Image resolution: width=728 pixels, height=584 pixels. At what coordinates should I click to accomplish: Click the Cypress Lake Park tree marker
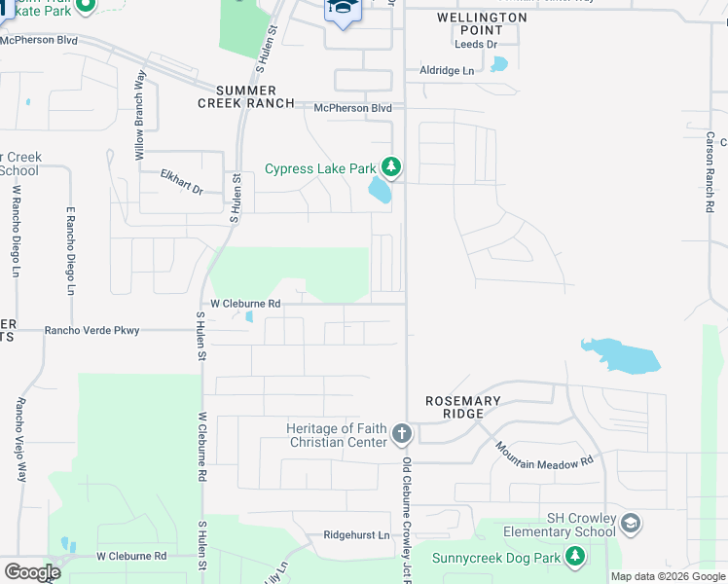click(x=391, y=167)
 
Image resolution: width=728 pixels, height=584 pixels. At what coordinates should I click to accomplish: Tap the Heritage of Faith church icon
click(x=402, y=433)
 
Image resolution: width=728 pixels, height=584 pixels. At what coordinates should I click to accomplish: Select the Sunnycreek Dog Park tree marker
click(x=576, y=556)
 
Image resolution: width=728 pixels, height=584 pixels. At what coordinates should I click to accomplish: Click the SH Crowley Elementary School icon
click(x=631, y=525)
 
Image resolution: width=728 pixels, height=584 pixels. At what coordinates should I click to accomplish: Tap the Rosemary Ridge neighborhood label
click(x=463, y=407)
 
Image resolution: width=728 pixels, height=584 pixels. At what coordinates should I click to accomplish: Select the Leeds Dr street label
click(x=476, y=45)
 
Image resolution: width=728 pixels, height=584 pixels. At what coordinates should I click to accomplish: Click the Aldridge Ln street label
click(x=447, y=71)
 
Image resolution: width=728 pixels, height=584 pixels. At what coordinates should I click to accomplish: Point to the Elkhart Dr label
click(x=181, y=182)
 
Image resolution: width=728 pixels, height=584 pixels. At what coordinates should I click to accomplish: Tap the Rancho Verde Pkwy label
click(x=92, y=330)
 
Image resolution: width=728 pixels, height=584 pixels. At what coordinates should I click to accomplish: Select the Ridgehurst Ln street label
click(x=356, y=535)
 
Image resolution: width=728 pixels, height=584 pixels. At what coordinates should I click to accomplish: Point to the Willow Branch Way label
click(x=140, y=116)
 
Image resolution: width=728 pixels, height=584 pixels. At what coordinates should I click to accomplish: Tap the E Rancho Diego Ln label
click(x=70, y=250)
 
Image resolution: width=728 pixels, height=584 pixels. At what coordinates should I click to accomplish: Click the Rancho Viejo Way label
click(x=19, y=439)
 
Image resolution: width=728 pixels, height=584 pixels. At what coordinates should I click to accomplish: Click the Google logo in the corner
click(x=32, y=571)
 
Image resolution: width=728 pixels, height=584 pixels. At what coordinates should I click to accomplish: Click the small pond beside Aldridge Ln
click(x=499, y=65)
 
